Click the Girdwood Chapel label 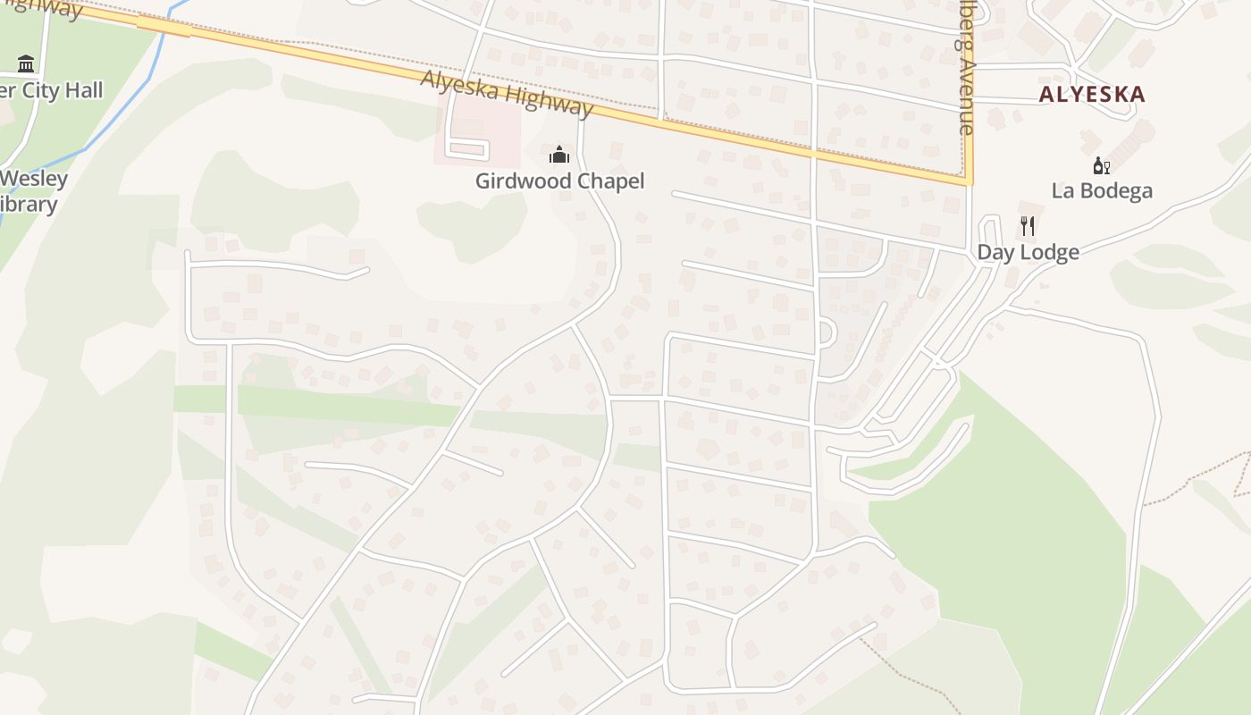[559, 181]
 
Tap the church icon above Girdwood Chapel [559, 156]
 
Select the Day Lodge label [1028, 252]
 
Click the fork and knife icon [1028, 226]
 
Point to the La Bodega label [1102, 190]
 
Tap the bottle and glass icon [1102, 165]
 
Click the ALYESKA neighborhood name [1091, 94]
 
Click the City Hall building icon [26, 64]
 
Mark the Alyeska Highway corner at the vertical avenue [969, 181]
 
